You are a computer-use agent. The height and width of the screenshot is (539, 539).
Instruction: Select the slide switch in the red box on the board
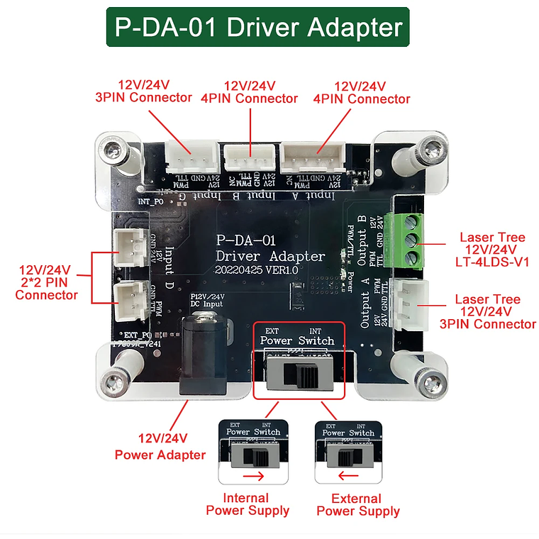coord(299,374)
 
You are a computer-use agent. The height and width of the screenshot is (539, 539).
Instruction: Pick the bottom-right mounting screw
coord(428,385)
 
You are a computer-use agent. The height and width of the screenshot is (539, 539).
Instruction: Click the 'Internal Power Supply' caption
coord(247,504)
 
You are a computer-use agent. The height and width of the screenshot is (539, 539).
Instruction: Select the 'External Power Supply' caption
coord(358,504)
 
